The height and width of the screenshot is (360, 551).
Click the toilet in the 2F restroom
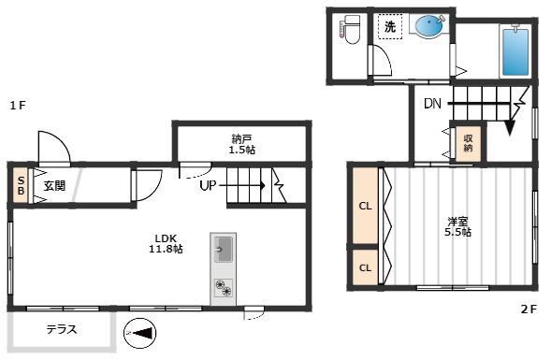(x=349, y=29)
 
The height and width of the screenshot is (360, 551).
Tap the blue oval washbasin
(x=428, y=25)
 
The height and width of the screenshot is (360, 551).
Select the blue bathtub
(x=515, y=52)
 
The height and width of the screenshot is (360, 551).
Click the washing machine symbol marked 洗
(x=390, y=26)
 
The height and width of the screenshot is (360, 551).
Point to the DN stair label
(x=432, y=104)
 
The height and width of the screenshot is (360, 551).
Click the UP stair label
(x=208, y=185)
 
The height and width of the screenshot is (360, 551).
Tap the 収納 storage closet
(x=468, y=143)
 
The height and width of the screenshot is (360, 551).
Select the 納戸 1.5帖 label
(x=241, y=145)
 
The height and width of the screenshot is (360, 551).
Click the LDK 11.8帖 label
(x=166, y=244)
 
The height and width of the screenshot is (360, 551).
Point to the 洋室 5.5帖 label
(x=457, y=227)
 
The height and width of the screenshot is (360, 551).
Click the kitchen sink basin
(x=224, y=250)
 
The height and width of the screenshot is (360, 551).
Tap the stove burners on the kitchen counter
(x=224, y=288)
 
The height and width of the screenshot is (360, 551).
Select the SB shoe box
(x=21, y=186)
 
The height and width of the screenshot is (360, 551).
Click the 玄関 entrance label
(x=54, y=186)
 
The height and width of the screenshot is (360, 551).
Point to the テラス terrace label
(x=62, y=329)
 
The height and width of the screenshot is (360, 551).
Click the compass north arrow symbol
(x=140, y=333)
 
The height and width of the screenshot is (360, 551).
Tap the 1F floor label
(x=18, y=106)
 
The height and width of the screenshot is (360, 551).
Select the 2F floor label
(x=529, y=310)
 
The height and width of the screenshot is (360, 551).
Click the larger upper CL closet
(x=365, y=206)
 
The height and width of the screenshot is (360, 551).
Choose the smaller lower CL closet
(x=365, y=267)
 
